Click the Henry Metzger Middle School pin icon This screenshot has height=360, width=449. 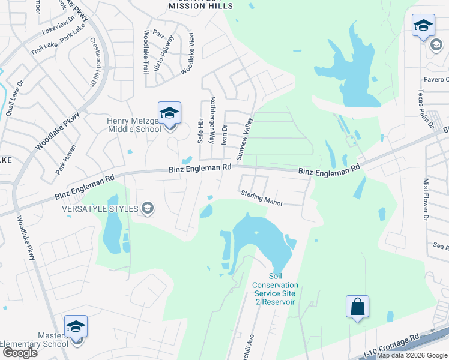click(x=169, y=113)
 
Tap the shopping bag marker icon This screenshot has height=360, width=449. click(x=357, y=307)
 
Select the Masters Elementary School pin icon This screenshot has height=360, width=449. click(x=76, y=328)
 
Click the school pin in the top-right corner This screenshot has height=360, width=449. click(x=423, y=26)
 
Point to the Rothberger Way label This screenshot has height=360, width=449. click(x=211, y=120)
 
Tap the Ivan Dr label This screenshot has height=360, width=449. click(x=224, y=136)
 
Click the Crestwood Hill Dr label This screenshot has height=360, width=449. click(x=94, y=62)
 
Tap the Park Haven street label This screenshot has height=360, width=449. click(x=66, y=162)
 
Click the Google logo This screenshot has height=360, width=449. click(x=20, y=353)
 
